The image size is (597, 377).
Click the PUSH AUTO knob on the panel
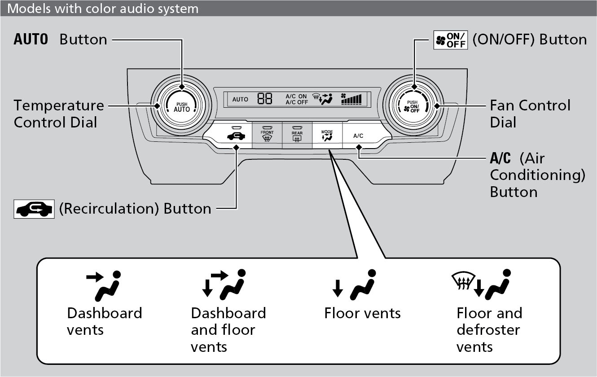[x=182, y=106]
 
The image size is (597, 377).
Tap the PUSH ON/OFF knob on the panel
[x=413, y=106]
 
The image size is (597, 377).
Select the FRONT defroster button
[x=267, y=135]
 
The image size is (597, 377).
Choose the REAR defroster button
[x=297, y=135]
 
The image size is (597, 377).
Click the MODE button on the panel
[x=327, y=135]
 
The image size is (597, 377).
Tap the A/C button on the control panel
[x=358, y=135]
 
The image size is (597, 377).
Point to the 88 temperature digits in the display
[x=265, y=99]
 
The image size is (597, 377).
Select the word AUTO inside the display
[x=240, y=99]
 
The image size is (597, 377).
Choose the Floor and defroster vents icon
[x=481, y=285]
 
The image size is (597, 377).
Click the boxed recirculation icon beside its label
[x=34, y=209]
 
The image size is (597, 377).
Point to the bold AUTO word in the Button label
[x=31, y=39]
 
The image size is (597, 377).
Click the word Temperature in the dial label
[x=58, y=105]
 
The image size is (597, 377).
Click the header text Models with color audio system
[x=103, y=8]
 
